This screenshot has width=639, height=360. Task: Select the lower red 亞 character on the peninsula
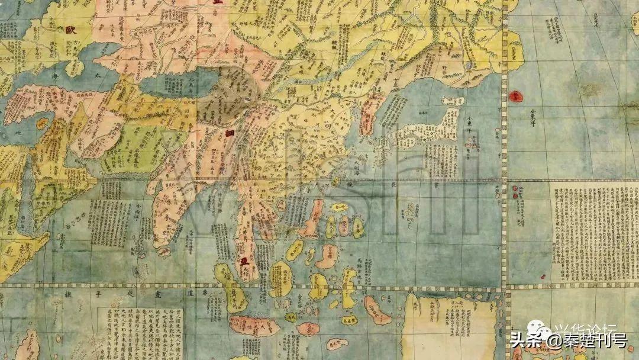pos(243,261)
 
